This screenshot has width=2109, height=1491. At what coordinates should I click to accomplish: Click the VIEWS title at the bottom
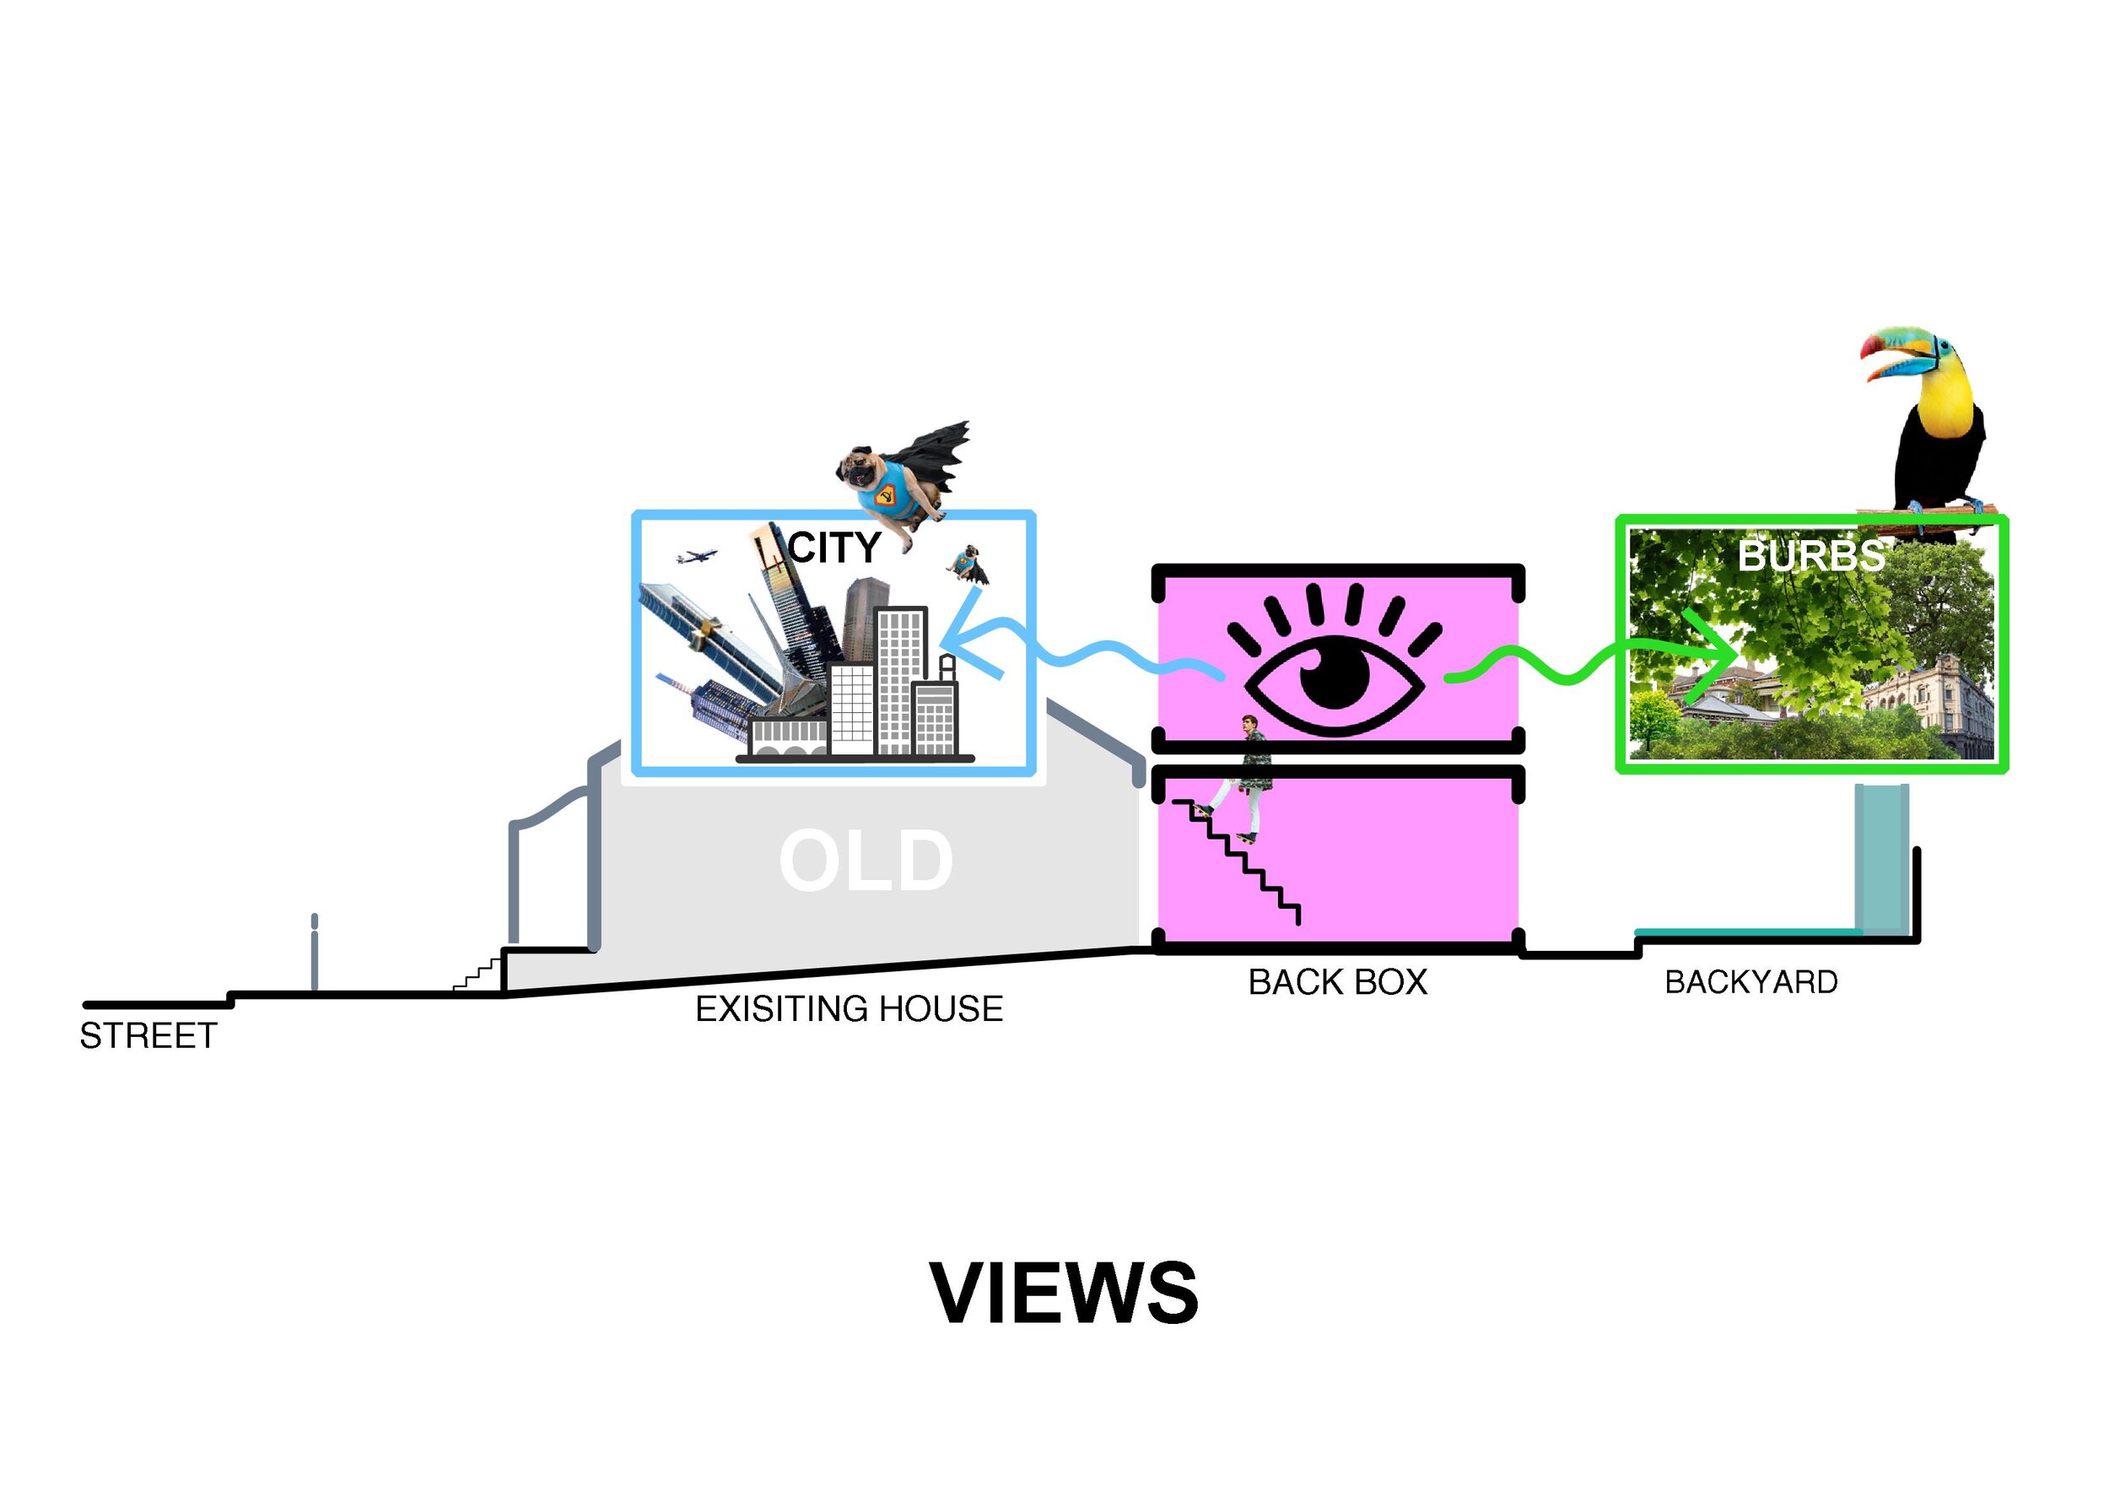(x=1064, y=1294)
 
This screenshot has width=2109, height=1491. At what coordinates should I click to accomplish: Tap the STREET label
(x=148, y=1036)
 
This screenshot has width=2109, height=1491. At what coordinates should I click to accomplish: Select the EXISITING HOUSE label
(x=849, y=1008)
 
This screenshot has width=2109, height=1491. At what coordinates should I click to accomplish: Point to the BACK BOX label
(x=1337, y=982)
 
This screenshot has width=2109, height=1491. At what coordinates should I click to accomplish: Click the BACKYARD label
(x=1750, y=982)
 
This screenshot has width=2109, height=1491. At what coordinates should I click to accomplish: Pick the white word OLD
(x=866, y=861)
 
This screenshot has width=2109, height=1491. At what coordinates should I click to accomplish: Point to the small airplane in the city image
(x=696, y=556)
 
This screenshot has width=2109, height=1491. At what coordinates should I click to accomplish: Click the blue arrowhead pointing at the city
(x=960, y=634)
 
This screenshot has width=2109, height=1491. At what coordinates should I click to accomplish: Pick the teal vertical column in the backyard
(x=1881, y=859)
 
